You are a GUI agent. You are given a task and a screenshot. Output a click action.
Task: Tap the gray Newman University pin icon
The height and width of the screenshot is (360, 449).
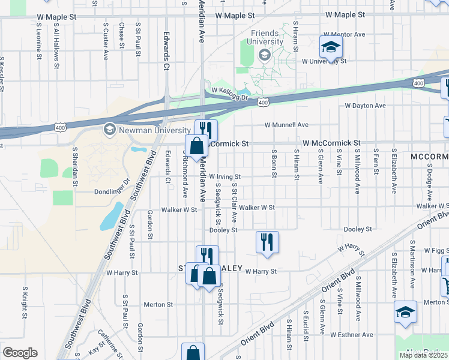pyautogui.click(x=109, y=129)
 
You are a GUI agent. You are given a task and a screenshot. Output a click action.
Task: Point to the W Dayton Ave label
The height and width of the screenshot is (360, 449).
pyautogui.click(x=365, y=106)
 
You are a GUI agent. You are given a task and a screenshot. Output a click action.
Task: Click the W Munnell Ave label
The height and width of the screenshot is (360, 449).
pyautogui.click(x=287, y=125)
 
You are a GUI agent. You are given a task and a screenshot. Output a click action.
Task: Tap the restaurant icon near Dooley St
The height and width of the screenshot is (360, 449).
pyautogui.click(x=267, y=242)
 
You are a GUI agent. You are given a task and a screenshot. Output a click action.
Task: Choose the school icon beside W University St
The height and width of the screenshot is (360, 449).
pyautogui.click(x=330, y=46)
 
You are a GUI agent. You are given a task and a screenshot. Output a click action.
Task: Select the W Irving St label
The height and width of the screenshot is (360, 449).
pyautogui.click(x=224, y=177)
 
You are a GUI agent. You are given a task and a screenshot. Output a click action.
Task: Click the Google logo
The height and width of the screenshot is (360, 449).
pyautogui.click(x=20, y=353)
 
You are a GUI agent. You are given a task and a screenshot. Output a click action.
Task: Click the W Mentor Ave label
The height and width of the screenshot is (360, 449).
pyautogui.click(x=344, y=35)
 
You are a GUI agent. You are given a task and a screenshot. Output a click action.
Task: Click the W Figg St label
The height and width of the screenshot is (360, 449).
pyautogui.click(x=436, y=250)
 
